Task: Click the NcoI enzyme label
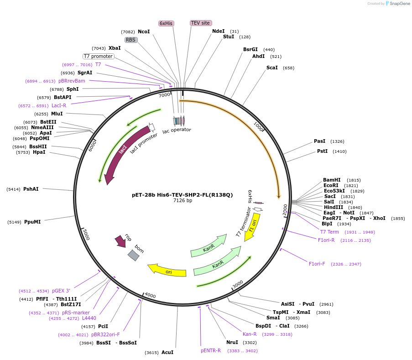point(144,31)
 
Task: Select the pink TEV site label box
point(200,23)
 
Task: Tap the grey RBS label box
point(131,40)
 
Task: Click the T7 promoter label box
point(98,56)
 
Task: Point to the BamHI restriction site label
point(332,180)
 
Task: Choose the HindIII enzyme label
point(333,207)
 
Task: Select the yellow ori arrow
point(167,270)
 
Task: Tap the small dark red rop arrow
point(121,241)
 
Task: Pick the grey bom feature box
point(133,255)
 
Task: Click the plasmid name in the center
point(183,195)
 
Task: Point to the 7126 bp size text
point(183,201)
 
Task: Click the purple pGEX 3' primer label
point(61,291)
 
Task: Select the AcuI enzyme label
point(167,352)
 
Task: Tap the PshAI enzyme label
point(31,189)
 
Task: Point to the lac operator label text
point(177,130)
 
